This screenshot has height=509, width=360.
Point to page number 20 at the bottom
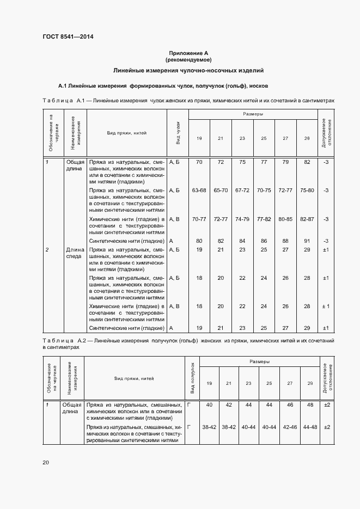(46, 462)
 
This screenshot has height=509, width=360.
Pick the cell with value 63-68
(199, 191)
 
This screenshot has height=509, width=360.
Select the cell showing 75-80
(307, 191)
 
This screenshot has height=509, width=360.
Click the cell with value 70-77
(199, 219)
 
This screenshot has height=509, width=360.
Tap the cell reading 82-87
(307, 219)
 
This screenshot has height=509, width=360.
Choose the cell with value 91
(307, 241)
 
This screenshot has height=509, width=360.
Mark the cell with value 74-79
(242, 219)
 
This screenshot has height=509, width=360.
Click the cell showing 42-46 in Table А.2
(290, 427)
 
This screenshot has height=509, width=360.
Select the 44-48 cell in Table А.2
(310, 427)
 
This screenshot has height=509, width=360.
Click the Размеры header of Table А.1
(253, 114)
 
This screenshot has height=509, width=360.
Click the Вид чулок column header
(178, 133)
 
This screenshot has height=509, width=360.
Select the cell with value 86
(264, 241)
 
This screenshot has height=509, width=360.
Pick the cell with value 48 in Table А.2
(310, 405)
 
